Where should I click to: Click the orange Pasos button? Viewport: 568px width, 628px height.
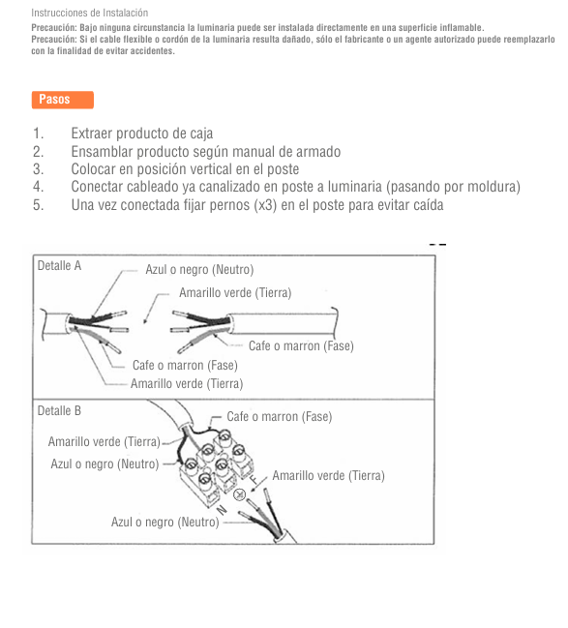coord(63,100)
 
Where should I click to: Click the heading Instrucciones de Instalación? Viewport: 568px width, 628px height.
coord(90,13)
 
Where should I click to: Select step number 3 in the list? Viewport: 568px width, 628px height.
coord(38,169)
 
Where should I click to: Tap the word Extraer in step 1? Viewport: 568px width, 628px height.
coord(92,134)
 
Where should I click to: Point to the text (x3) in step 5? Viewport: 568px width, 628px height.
coord(265,205)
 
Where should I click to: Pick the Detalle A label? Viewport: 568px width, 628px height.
coord(59,265)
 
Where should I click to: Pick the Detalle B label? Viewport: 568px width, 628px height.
coord(59,410)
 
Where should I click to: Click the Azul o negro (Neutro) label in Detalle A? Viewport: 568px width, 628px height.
coord(199,270)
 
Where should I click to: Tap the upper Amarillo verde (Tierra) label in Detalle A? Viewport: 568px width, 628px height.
coord(235,293)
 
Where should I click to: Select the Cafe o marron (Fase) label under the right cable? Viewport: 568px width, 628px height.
coord(301,345)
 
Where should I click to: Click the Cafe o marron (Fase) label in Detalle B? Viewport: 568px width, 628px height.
coord(280,416)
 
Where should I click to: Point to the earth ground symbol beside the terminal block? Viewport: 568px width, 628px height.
coord(240,495)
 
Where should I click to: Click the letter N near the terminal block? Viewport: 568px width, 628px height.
coord(222,510)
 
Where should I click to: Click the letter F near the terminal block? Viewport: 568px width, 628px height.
coord(254,479)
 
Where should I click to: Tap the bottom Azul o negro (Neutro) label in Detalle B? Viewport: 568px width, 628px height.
coord(165,523)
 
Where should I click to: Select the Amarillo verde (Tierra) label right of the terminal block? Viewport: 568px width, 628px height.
coord(328,476)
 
